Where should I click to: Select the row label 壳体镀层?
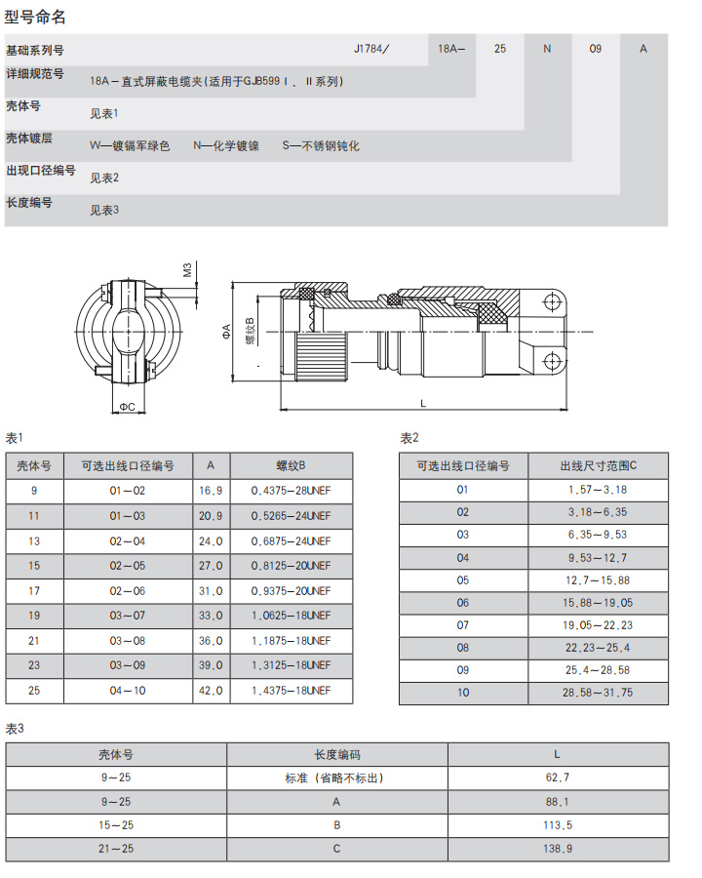point(35,138)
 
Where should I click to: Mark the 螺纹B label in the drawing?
point(250,331)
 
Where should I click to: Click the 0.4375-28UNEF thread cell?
point(291,491)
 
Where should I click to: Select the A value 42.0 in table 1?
point(212,690)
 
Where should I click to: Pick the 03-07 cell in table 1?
point(128,616)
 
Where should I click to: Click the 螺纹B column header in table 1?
point(291,465)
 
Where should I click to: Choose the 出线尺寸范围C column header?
point(597,465)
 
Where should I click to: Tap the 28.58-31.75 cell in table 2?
point(597,692)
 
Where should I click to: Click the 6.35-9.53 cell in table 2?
point(597,535)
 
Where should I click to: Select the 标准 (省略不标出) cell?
point(337,778)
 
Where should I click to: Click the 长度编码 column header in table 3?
point(337,754)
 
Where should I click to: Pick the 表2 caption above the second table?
point(409,438)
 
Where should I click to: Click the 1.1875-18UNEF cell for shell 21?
point(291,640)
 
